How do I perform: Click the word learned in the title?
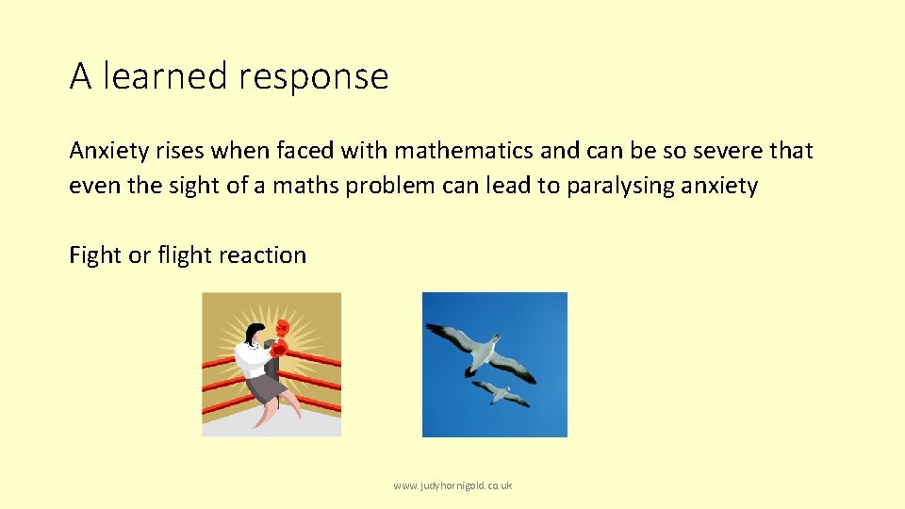click(x=165, y=75)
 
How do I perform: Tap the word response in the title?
click(x=313, y=77)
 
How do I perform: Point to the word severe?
click(x=716, y=151)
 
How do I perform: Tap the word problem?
click(x=389, y=187)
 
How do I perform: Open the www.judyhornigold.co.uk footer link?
click(x=452, y=485)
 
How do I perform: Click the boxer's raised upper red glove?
click(x=281, y=327)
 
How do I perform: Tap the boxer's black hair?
click(x=252, y=332)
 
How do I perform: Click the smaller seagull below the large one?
click(x=500, y=391)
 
